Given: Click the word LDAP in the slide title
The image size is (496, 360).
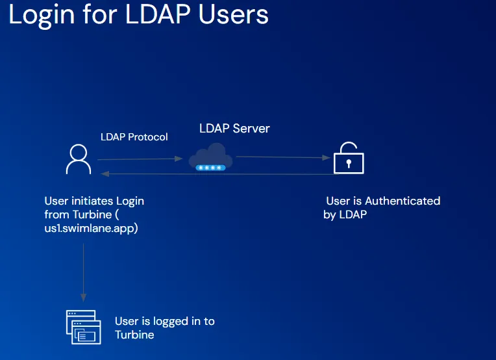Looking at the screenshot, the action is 158,14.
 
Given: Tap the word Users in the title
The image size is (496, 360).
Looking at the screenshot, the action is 234,14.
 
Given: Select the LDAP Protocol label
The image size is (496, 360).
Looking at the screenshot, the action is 134,137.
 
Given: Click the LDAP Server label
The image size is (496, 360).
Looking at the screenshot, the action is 234,129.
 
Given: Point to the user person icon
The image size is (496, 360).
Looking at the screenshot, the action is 79,159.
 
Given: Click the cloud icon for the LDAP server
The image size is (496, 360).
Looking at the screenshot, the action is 211,156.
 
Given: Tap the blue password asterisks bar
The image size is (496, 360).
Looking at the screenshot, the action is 210,168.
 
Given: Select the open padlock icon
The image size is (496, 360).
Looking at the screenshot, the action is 349,158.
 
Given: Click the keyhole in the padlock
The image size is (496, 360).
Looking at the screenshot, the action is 349,163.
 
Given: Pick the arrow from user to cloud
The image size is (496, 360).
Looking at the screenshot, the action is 140,159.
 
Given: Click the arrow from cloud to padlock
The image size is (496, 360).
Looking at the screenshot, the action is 283,157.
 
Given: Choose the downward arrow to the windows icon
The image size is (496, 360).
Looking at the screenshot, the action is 84,272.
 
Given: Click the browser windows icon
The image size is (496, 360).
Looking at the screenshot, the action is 84,327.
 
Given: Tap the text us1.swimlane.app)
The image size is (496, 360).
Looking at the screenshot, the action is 91,228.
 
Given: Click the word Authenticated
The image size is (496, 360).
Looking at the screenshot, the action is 403,201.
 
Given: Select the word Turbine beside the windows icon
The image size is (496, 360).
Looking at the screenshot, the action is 134,335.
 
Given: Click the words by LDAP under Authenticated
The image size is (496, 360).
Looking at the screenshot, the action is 345,214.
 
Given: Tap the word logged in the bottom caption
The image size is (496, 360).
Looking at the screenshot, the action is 171,322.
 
